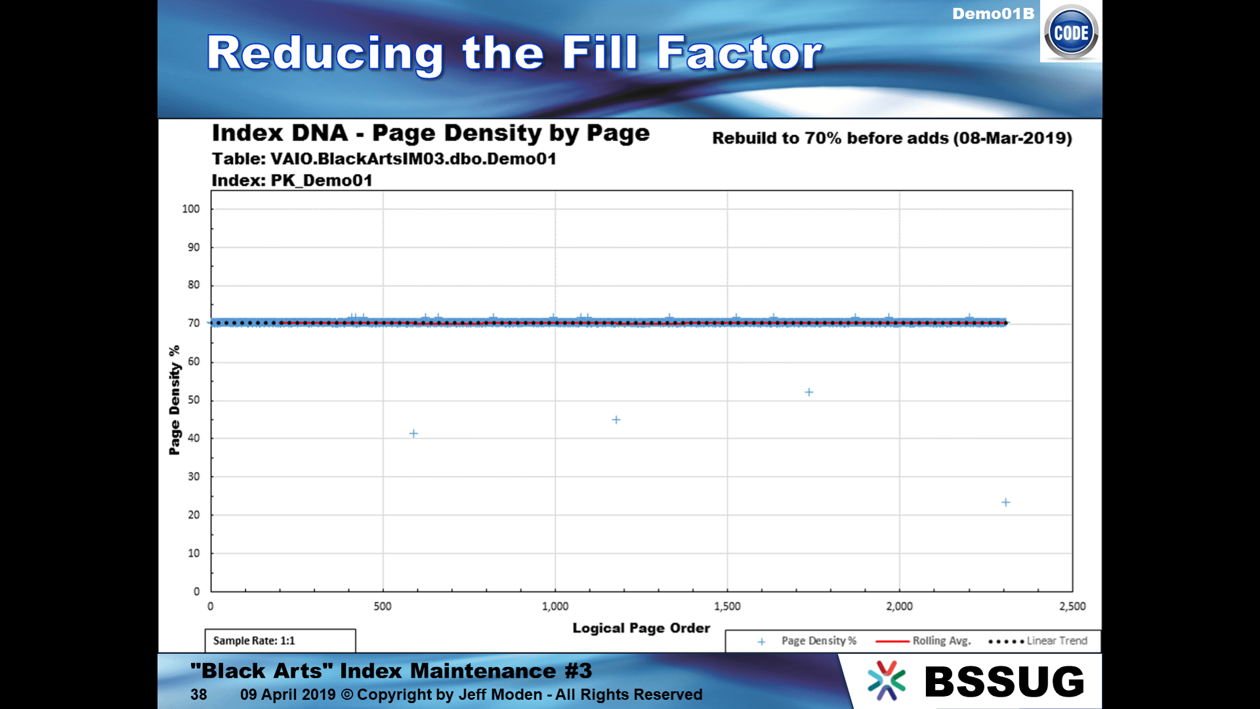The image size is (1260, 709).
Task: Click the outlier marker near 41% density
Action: tap(413, 434)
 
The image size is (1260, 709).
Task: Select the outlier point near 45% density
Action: tap(616, 420)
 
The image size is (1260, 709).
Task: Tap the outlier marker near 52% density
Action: tap(809, 393)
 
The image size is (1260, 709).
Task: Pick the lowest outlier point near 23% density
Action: tap(1005, 503)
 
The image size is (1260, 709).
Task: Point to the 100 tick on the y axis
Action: tap(191, 209)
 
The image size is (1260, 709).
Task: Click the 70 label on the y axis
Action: tap(194, 323)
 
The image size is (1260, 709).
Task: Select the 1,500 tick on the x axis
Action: tap(727, 607)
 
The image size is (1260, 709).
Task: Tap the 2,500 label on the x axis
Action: tap(1072, 607)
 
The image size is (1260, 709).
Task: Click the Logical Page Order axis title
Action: tap(641, 628)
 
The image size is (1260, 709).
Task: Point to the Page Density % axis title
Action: tap(175, 400)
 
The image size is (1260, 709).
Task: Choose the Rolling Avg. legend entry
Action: tap(923, 641)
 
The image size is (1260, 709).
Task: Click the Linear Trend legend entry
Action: tap(1038, 641)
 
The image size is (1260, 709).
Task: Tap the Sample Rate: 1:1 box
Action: tap(280, 641)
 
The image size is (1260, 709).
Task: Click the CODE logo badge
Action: tap(1071, 32)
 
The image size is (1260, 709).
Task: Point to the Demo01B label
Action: tap(993, 14)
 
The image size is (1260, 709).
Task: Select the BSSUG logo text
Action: tap(1004, 681)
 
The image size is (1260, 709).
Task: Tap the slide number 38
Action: tap(199, 695)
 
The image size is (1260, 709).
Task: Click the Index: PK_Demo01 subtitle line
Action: tap(292, 181)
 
